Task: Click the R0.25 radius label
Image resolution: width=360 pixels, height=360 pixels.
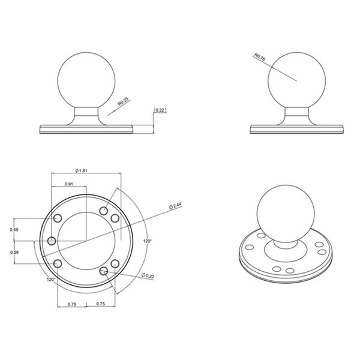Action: pyautogui.click(x=124, y=102)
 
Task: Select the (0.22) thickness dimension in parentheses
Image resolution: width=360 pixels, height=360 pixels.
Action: pyautogui.click(x=160, y=110)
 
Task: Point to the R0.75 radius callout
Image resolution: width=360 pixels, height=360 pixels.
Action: pyautogui.click(x=260, y=57)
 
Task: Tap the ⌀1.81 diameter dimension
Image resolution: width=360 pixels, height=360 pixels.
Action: pyautogui.click(x=82, y=170)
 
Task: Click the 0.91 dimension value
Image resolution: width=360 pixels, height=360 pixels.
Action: pyautogui.click(x=69, y=184)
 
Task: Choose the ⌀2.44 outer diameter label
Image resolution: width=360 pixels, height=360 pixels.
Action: pyautogui.click(x=175, y=206)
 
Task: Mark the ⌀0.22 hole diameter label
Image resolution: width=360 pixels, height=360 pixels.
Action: pyautogui.click(x=148, y=275)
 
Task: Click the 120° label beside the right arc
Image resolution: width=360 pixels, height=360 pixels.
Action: pyautogui.click(x=148, y=241)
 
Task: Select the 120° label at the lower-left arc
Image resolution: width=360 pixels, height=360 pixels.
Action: pyautogui.click(x=51, y=280)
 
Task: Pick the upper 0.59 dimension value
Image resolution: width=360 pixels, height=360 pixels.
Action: pyautogui.click(x=14, y=229)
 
